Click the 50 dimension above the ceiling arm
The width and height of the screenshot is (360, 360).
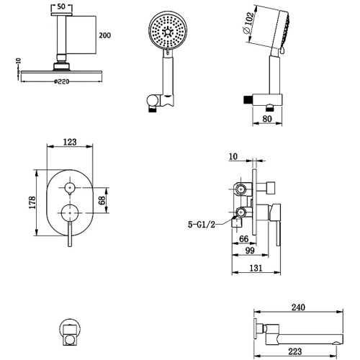pos(61,6)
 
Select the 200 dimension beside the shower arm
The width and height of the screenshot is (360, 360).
pos(105,35)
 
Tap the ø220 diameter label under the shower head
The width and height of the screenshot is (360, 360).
pos(61,81)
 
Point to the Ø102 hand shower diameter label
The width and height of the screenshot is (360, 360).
pos(248,23)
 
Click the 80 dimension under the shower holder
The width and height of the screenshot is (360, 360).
pos(267,119)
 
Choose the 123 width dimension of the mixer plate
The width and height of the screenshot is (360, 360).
pos(70,142)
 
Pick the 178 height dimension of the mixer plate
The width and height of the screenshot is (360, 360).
pos(32,203)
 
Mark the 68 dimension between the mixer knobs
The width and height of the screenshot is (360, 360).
pos(102,200)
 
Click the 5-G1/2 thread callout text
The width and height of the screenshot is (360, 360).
pos(202,225)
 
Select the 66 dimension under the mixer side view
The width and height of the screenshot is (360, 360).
pos(244,239)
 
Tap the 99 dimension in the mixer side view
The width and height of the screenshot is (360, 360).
pos(250,251)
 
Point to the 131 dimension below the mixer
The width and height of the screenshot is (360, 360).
pos(256,268)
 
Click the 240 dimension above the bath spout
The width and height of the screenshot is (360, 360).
pos(298,307)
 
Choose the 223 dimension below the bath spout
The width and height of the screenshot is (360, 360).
pos(295,351)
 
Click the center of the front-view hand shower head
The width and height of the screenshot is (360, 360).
pos(168,32)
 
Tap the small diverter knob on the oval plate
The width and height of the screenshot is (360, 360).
pos(70,187)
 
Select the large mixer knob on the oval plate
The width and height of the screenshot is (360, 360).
pos(70,213)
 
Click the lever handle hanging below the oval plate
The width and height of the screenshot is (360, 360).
pos(70,234)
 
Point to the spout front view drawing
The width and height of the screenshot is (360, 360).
pos(70,333)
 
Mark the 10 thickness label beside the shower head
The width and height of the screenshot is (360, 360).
pos(19,60)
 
